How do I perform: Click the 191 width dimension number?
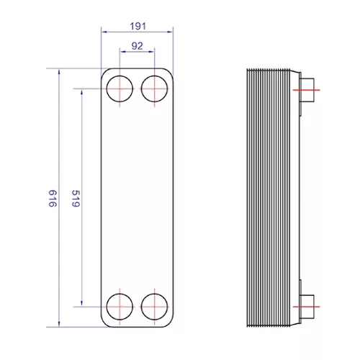pyautogui.click(x=138, y=26)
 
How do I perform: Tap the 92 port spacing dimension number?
pyautogui.click(x=138, y=46)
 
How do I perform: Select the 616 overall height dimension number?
pyautogui.click(x=53, y=199)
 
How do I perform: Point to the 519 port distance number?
pyautogui.click(x=76, y=199)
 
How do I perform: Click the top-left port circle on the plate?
pyautogui.click(x=107, y=89)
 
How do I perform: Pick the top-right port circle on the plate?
pyautogui.click(x=141, y=89)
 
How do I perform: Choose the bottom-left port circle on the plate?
pyautogui.click(x=107, y=307)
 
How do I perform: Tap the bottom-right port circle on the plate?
pyautogui.click(x=141, y=307)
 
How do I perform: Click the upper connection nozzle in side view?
pyautogui.click(x=307, y=90)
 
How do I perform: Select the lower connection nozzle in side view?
pyautogui.click(x=307, y=307)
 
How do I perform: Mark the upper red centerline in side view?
pyautogui.click(x=307, y=90)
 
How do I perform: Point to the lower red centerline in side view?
pyautogui.click(x=307, y=307)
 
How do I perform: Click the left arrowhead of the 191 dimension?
pyautogui.click(x=104, y=32)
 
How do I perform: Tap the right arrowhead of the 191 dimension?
pyautogui.click(x=170, y=32)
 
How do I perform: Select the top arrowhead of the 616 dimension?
pyautogui.click(x=59, y=72)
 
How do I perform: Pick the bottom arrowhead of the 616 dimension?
pyautogui.click(x=59, y=324)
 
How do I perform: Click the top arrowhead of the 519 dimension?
pyautogui.click(x=81, y=92)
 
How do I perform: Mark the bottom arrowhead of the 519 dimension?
pyautogui.click(x=81, y=303)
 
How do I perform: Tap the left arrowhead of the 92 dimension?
pyautogui.click(x=122, y=51)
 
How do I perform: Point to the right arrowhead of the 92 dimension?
pyautogui.click(x=152, y=51)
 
